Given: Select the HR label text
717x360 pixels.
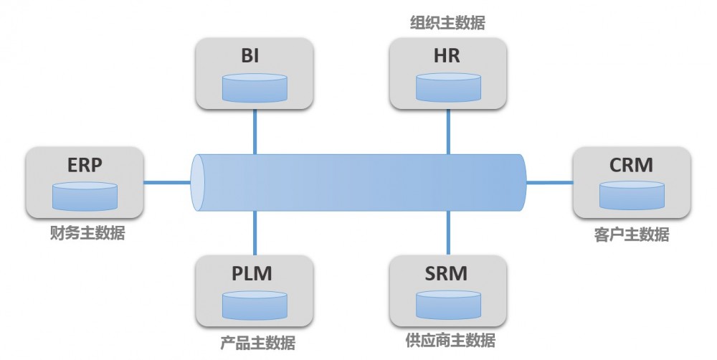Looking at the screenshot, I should click(447, 57).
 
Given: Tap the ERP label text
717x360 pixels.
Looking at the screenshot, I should click(84, 165).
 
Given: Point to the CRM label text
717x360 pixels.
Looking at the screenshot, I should click(631, 165).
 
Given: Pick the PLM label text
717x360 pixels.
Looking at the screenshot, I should click(252, 273).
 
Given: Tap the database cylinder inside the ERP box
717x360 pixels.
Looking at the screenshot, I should click(85, 195).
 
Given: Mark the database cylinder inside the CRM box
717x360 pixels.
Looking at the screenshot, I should click(632, 195).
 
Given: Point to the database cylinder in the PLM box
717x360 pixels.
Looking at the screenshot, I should click(255, 304).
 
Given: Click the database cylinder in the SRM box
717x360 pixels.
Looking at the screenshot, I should click(449, 304).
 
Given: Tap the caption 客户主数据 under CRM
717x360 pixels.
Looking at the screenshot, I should click(632, 234).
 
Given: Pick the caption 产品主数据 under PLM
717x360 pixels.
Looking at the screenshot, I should click(257, 343).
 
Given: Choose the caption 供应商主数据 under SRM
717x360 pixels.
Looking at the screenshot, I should click(450, 340).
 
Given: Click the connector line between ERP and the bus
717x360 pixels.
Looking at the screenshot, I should click(168, 182).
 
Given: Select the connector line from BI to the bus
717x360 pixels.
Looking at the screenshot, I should click(255, 131).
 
